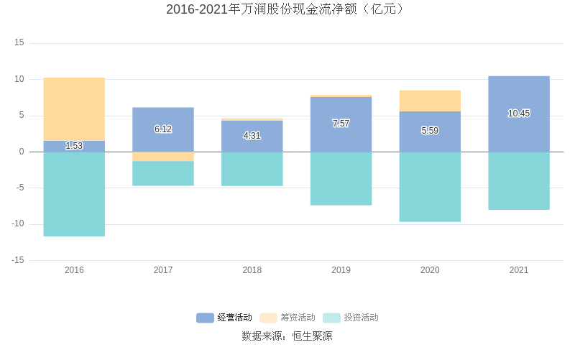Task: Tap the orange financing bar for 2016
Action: pos(74,109)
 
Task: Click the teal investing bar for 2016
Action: pos(74,194)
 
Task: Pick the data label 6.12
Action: pos(163,129)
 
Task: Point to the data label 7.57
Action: pos(341,124)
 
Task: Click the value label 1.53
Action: pos(74,146)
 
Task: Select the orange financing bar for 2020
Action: pos(430,101)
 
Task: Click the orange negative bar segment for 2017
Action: pos(163,157)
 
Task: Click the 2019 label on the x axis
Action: pos(341,270)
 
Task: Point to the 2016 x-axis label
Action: pos(74,270)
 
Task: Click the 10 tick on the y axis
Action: pos(20,79)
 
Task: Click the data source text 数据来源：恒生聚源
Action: pos(287,336)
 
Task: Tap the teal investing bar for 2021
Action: pos(518,180)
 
